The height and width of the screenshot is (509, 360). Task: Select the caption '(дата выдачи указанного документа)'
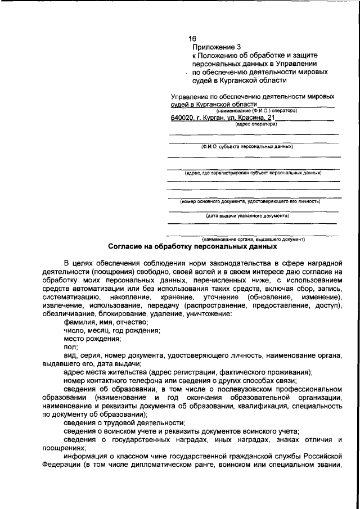click(247, 215)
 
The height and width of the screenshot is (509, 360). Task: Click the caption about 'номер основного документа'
click(250, 201)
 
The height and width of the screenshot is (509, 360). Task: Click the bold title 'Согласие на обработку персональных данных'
click(192, 246)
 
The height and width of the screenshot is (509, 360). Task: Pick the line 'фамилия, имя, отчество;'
click(98, 322)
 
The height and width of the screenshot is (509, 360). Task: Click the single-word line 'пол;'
click(70, 348)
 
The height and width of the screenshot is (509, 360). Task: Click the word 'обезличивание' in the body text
click(69, 313)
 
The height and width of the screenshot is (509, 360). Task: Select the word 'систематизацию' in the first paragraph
click(69, 296)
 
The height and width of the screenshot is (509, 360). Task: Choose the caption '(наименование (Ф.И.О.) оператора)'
click(256, 111)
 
